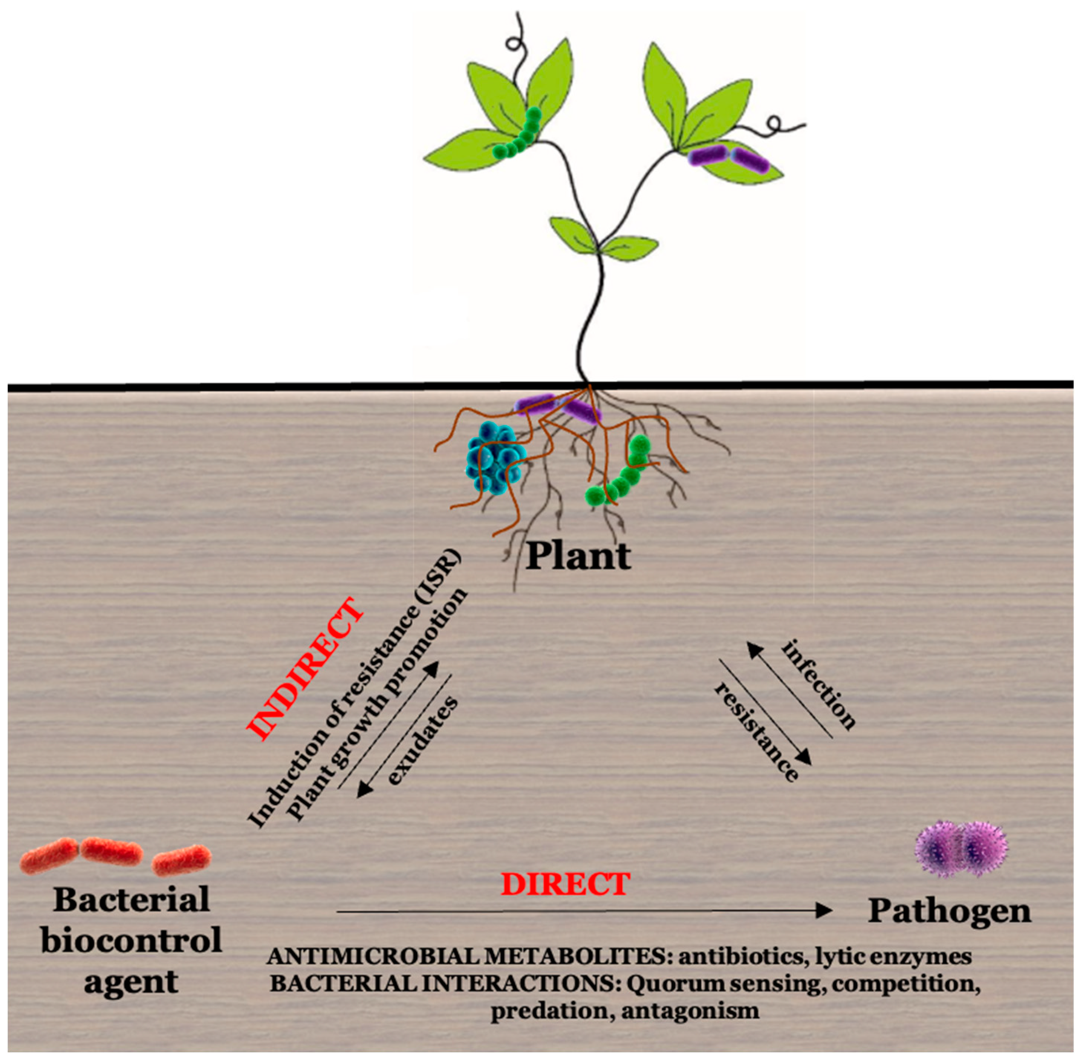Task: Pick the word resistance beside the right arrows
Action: (757, 732)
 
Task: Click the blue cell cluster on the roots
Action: (495, 456)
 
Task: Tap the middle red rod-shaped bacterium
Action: (111, 851)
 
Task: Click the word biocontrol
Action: (131, 940)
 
